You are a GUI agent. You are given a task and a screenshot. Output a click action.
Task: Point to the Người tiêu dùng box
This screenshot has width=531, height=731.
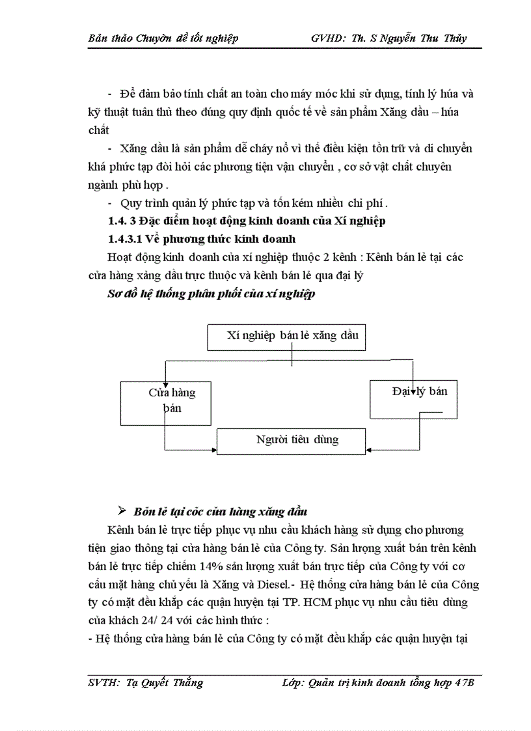coord(288,439)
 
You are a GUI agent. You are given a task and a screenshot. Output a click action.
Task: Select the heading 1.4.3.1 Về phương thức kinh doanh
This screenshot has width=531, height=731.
coord(202,238)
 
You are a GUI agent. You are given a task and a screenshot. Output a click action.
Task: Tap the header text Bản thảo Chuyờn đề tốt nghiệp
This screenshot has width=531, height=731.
coord(163,38)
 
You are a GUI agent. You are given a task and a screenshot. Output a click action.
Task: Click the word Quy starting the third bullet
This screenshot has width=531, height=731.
coord(130,202)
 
